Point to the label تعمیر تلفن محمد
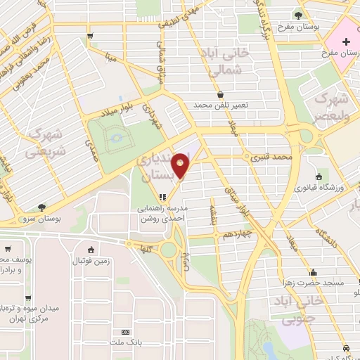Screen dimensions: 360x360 [x=221, y=105]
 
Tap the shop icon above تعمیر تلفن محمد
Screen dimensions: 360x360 [x=221, y=94]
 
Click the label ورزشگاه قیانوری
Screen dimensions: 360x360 [x=319, y=188]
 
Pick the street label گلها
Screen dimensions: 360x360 [x=146, y=248]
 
